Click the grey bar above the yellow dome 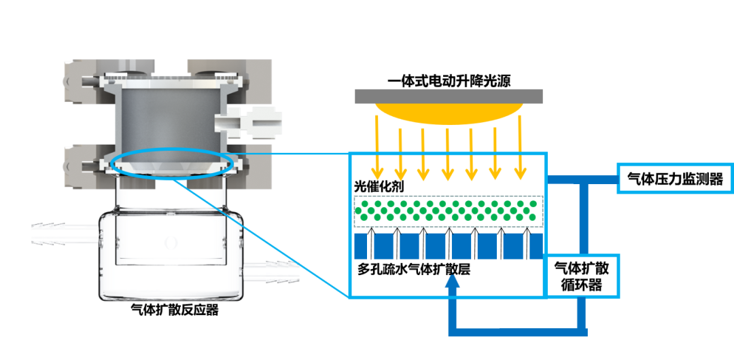(x=449, y=96)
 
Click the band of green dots (x=449, y=211)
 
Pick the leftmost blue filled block (x=360, y=246)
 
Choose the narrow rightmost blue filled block (x=536, y=246)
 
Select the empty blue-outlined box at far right (x=675, y=178)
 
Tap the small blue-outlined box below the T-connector (x=583, y=275)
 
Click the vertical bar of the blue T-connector (x=583, y=217)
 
